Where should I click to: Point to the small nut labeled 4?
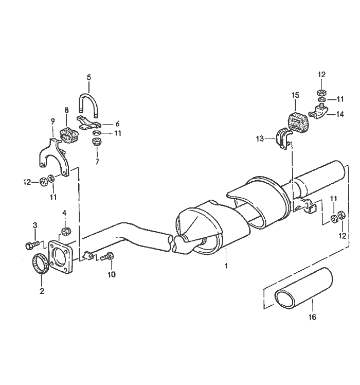65,231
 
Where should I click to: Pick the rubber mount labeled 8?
68,133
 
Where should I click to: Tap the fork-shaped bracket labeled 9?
52,154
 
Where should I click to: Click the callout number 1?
225,267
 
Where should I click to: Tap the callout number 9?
52,121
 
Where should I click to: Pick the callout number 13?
260,138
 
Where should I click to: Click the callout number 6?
117,124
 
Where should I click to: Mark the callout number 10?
112,274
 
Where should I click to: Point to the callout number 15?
295,95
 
